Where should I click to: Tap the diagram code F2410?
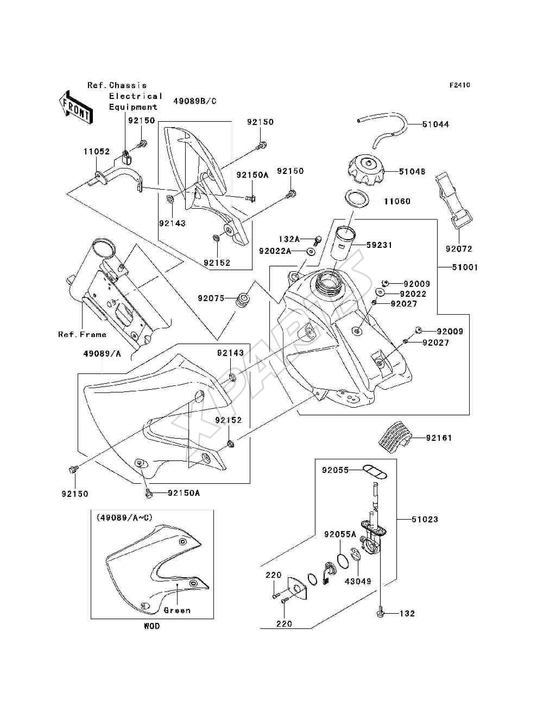point(460,85)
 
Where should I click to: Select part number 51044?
point(435,124)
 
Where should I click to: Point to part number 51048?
point(412,171)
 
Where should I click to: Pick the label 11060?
point(397,202)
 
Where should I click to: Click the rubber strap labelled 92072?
point(453,200)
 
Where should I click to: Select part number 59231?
point(379,245)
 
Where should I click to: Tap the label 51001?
point(465,267)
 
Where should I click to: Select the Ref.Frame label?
point(82,334)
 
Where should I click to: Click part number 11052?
point(97,152)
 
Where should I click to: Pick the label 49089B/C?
point(195,101)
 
